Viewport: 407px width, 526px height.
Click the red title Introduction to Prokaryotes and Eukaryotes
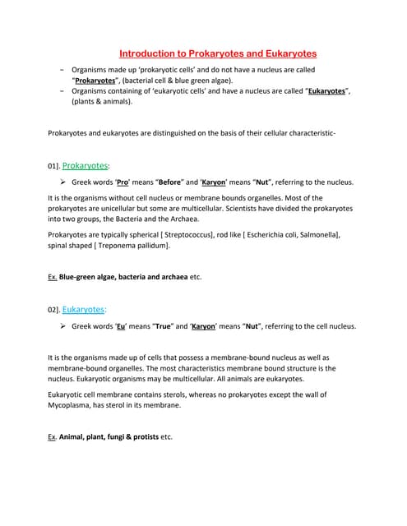coord(213,52)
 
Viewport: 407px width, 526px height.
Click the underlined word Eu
coord(120,326)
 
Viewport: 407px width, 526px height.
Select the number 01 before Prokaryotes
coord(53,166)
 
